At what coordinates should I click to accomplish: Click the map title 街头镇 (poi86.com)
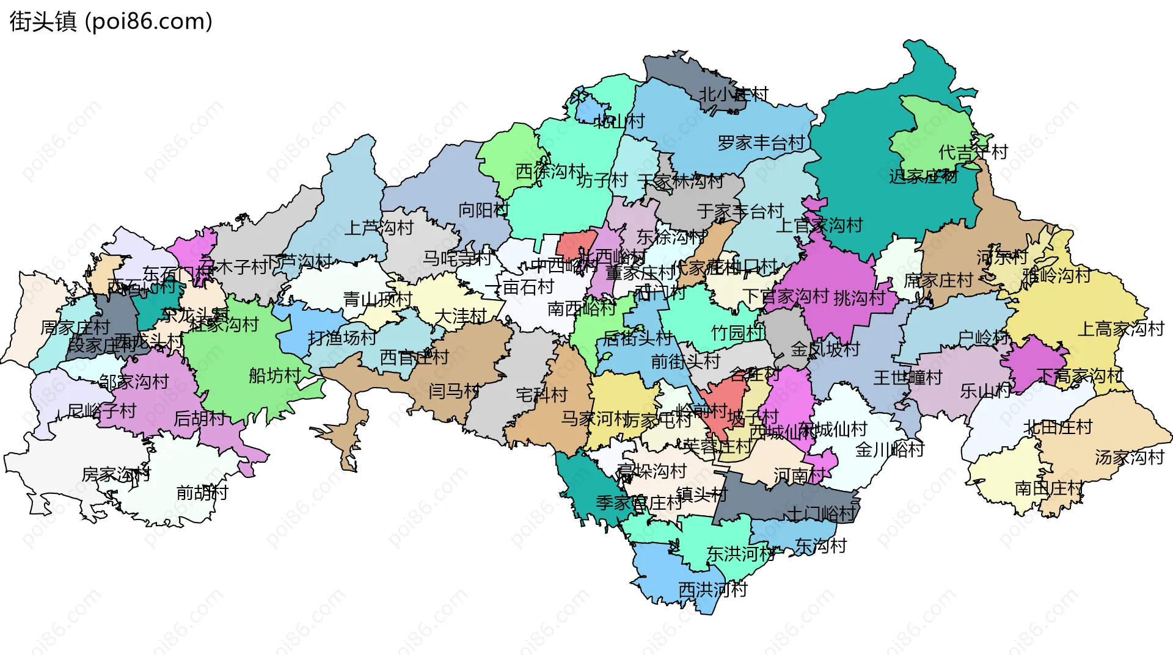pos(111,21)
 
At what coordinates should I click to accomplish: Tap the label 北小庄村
pos(733,95)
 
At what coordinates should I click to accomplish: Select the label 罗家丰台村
pos(761,143)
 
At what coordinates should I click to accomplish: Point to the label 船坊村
pos(275,375)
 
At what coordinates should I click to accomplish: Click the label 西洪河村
pos(712,590)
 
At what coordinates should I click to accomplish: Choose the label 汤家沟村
pos(1129,457)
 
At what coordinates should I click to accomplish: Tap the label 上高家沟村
pos(1120,329)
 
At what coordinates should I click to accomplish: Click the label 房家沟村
pos(116,474)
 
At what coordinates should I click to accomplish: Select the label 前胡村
pos(202,493)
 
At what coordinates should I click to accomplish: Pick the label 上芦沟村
pos(379,228)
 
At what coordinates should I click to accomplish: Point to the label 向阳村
pos(483,210)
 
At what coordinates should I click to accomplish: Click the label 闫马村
pos(453,391)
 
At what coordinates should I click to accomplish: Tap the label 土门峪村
pos(821,513)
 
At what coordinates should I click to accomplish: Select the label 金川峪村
pos(890,450)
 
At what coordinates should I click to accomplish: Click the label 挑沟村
pos(859,298)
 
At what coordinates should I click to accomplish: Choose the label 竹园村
pos(737,333)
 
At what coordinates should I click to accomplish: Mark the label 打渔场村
pos(342,338)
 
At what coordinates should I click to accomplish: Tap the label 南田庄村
pos(1048,488)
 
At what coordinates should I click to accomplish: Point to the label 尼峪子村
pos(101,411)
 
